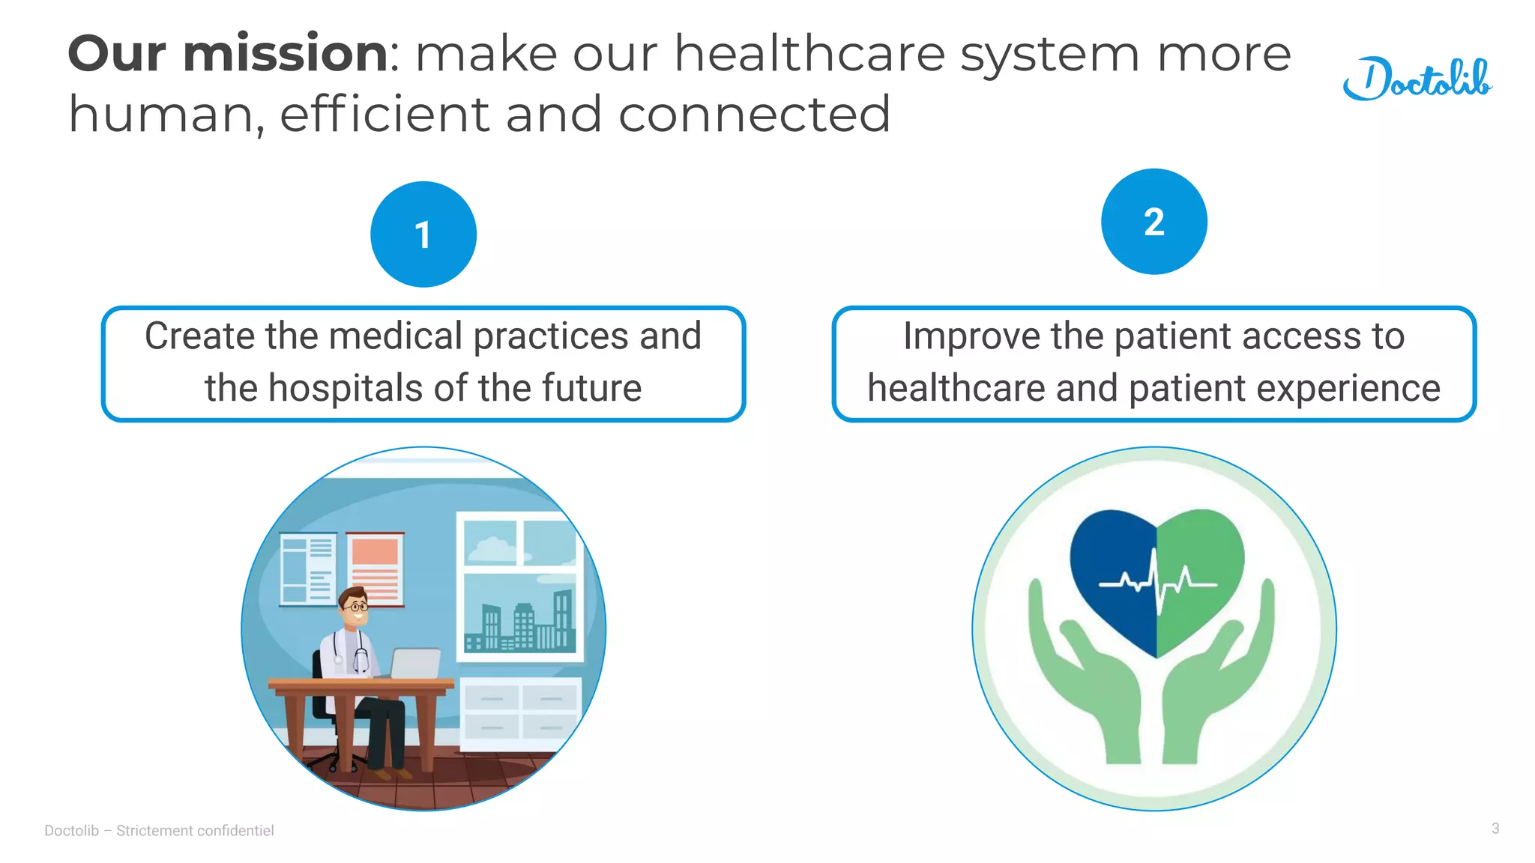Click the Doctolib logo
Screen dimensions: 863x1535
click(1417, 79)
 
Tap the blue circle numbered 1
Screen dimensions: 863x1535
click(423, 234)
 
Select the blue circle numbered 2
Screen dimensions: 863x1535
click(1153, 222)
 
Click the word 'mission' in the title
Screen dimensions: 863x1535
click(286, 54)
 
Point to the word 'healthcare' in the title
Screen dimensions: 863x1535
click(809, 54)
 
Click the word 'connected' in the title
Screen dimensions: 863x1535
click(754, 115)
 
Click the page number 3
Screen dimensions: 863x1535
click(1495, 829)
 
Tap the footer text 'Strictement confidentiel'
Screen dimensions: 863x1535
click(195, 831)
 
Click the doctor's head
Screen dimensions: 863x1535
click(354, 606)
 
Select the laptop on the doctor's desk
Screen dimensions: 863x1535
click(415, 663)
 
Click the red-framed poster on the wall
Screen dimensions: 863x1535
click(375, 567)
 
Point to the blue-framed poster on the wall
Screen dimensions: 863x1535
click(307, 569)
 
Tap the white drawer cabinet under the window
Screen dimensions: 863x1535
click(520, 712)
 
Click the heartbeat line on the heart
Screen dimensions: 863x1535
click(1158, 584)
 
